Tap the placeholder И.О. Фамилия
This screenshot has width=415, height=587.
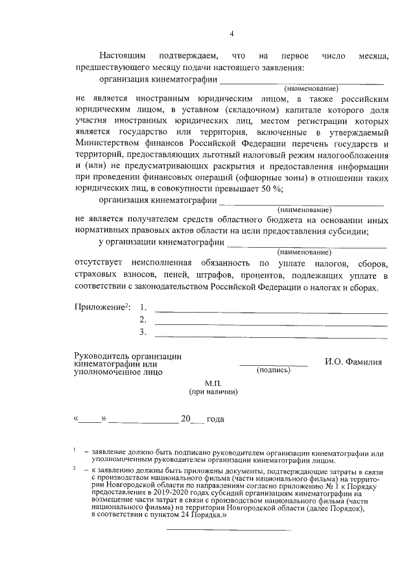tap(353, 362)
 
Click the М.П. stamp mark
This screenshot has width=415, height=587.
tap(213, 383)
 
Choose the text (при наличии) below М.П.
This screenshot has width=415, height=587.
tap(213, 392)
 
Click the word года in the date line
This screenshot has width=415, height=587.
tap(215, 420)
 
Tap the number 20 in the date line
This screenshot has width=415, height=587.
tap(186, 420)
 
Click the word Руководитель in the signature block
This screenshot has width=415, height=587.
tap(103, 356)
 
